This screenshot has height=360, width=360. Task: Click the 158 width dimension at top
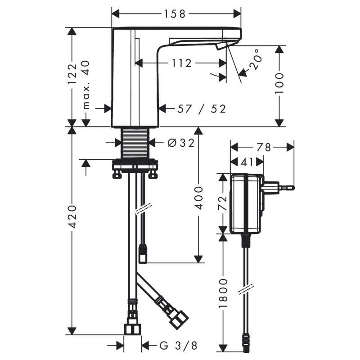pos(174,14)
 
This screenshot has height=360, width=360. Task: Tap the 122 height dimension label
pos(73,74)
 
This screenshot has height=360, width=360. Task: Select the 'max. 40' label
pos(86,85)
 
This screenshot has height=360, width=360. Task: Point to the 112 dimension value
pos(182,63)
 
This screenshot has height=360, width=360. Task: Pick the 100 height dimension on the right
pos(279,83)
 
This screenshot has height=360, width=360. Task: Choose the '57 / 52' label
pos(202,109)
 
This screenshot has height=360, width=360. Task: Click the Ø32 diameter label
pos(181,143)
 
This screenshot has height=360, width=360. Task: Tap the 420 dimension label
pos(73,216)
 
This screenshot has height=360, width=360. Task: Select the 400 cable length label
pos(198,198)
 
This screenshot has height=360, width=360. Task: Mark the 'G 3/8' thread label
pos(178,345)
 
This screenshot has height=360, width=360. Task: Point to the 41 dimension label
pos(247,162)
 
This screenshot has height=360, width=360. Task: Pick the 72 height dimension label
pos(222,203)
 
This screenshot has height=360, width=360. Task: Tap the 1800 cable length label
pos(223,293)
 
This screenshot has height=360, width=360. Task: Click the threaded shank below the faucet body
pos(135,143)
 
